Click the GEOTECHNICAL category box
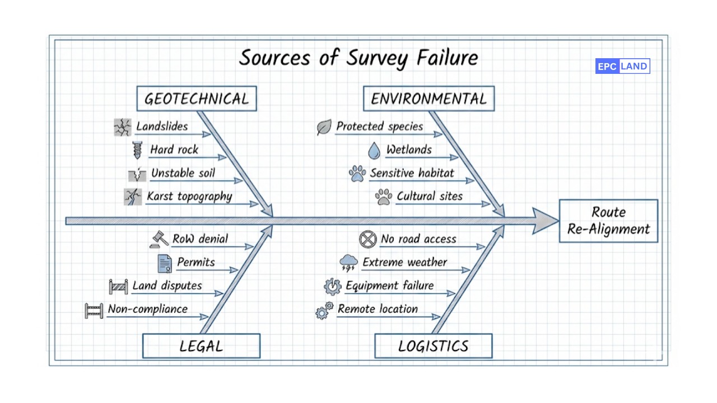click(x=197, y=99)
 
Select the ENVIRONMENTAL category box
click(x=429, y=99)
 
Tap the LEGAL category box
click(x=201, y=346)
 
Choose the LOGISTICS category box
click(x=433, y=346)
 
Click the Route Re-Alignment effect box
click(x=608, y=221)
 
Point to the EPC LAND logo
click(x=622, y=67)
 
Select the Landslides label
click(x=162, y=126)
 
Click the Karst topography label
click(x=189, y=196)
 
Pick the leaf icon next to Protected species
click(x=324, y=128)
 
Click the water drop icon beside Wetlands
click(x=374, y=151)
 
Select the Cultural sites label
click(x=430, y=196)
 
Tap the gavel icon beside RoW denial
click(x=159, y=240)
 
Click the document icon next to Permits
click(x=165, y=263)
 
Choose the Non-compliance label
click(x=148, y=309)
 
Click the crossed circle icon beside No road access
click(x=367, y=240)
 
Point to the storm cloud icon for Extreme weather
click(x=348, y=263)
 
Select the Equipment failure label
click(x=389, y=286)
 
